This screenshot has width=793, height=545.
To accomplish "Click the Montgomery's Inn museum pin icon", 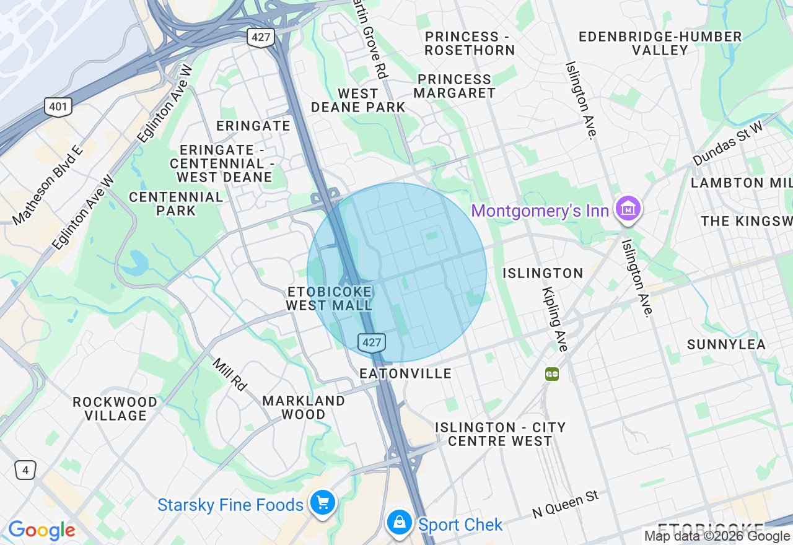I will (628, 209).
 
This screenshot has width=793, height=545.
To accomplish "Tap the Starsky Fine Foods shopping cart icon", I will (323, 503).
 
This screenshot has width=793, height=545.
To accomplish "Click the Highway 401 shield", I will (58, 107).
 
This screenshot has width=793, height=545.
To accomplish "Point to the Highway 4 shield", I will (25, 471).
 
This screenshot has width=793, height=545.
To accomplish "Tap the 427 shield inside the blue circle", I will (372, 342).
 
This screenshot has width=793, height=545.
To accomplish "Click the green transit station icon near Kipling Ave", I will (552, 374).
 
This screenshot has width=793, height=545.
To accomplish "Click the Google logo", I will (42, 530).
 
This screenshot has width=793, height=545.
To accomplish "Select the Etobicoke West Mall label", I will (329, 299).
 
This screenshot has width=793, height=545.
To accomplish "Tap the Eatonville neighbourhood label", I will (406, 373).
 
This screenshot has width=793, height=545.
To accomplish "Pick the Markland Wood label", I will (304, 408).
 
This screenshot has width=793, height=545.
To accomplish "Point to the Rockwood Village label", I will (115, 409).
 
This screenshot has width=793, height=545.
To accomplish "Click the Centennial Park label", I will (176, 204).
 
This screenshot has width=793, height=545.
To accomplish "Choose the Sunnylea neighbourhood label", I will (726, 344).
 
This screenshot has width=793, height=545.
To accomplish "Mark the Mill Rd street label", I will (230, 374).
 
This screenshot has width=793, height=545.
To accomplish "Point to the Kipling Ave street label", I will (554, 319).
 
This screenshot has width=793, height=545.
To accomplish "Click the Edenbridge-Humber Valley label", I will (660, 43).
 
